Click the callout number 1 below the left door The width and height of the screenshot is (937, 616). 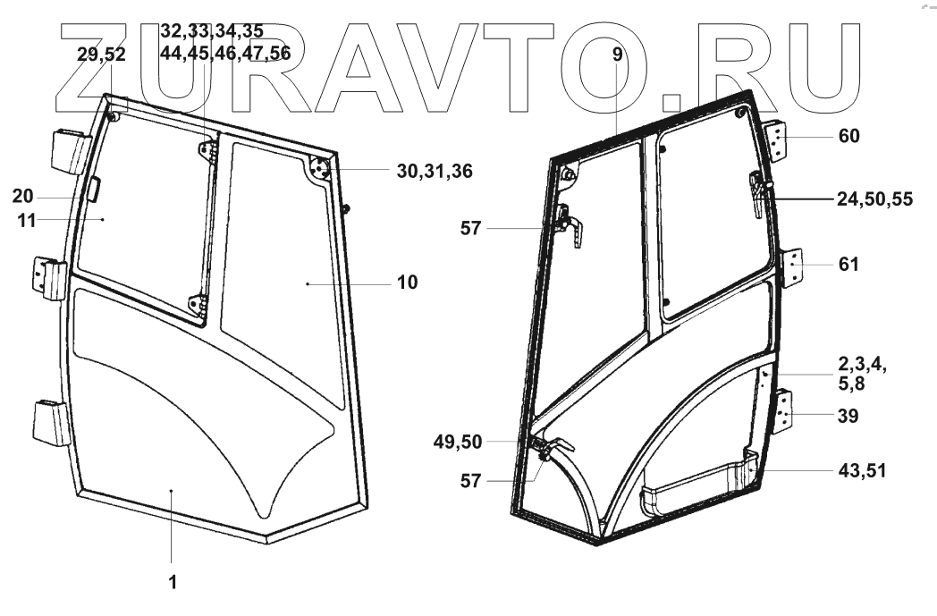173,582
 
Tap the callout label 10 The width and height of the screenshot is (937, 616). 408,283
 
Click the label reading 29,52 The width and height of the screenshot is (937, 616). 102,55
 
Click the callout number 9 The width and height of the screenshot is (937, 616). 618,55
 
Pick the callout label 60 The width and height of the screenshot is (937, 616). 848,136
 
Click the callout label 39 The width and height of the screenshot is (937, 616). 848,417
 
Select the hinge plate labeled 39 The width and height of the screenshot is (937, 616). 783,414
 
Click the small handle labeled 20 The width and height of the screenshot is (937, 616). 92,190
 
